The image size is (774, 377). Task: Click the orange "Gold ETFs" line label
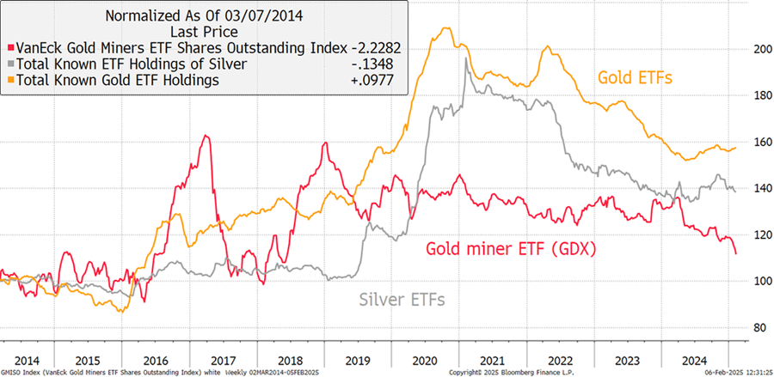(636, 78)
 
